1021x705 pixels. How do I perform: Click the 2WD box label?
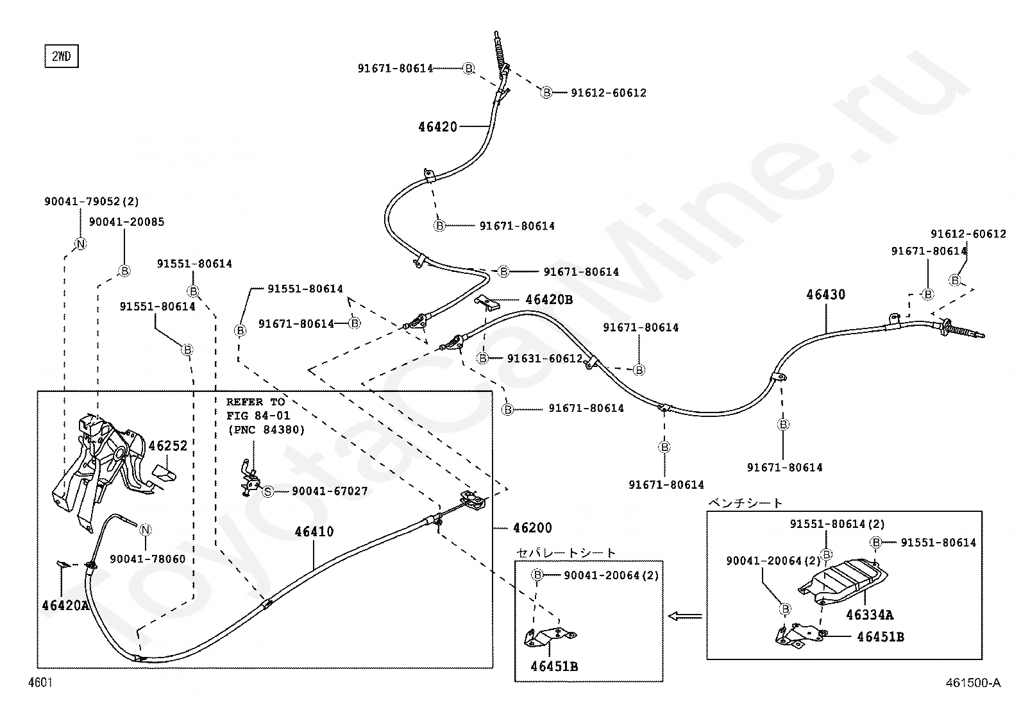(x=61, y=56)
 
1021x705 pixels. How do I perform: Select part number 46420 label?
(x=437, y=127)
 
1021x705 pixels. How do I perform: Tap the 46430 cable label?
(x=825, y=295)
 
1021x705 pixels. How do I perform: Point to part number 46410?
(x=314, y=532)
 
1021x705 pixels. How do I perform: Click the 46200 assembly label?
(x=532, y=528)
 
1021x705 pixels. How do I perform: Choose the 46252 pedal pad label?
(x=168, y=446)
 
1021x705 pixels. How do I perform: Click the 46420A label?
(x=65, y=605)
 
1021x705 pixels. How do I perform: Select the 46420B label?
(x=549, y=300)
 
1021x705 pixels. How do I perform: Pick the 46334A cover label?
(x=869, y=615)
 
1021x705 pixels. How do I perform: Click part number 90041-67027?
(x=330, y=491)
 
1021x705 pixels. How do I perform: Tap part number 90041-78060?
(x=148, y=559)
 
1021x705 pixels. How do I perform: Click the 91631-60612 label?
(x=544, y=359)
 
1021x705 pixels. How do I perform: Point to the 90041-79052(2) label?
(x=91, y=201)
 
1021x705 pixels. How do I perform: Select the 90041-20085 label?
(x=126, y=222)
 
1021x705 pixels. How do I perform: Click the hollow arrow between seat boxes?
(x=685, y=616)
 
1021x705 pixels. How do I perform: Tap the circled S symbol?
(x=268, y=491)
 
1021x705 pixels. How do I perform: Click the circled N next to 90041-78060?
(x=146, y=530)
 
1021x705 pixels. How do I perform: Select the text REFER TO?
(x=255, y=402)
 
